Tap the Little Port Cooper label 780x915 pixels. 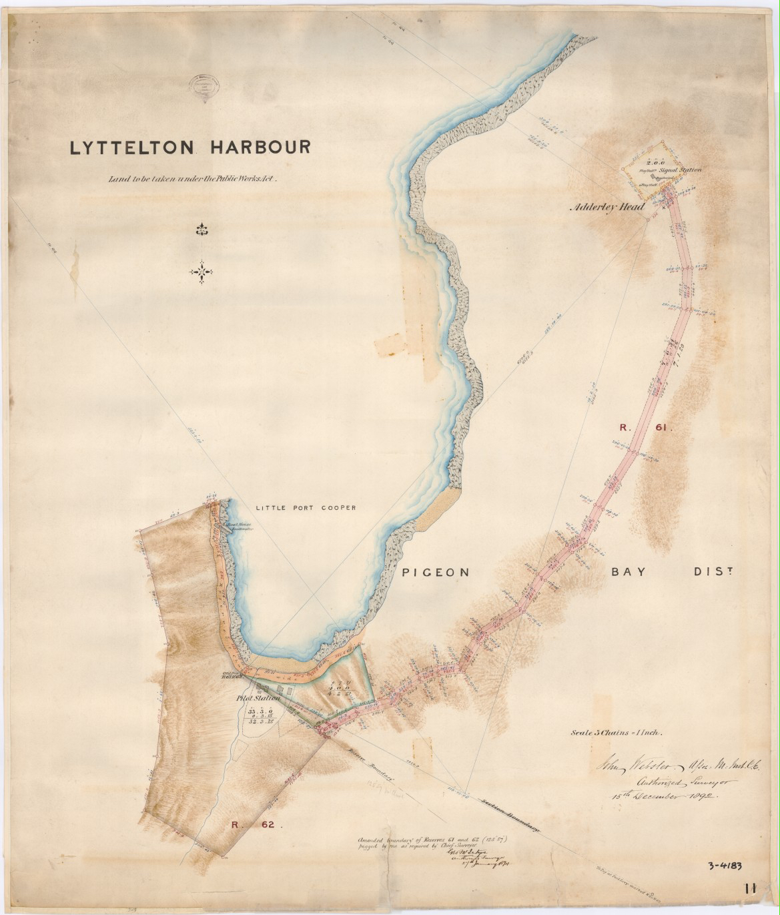tap(305, 507)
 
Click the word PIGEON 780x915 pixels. tap(436, 573)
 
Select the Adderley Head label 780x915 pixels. tap(607, 208)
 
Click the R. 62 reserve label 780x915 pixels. tap(253, 826)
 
